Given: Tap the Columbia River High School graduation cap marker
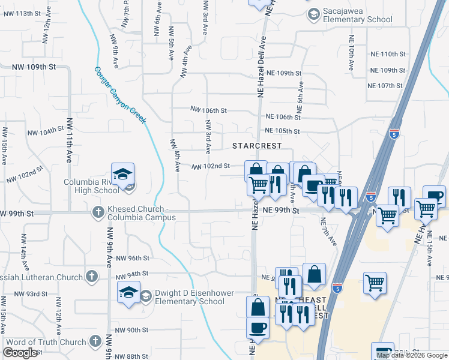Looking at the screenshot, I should pos(122,175).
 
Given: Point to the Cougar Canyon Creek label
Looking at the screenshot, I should pos(119,94).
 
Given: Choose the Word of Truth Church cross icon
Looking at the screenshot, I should pos(95,342).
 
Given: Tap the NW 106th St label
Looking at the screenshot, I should pos(208,110).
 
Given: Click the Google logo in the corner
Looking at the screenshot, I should pos(20,353).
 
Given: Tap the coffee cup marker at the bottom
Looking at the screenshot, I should pos(258,328).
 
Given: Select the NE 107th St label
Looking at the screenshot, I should pos(385,86).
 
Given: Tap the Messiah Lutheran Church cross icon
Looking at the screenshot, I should pos(91,277).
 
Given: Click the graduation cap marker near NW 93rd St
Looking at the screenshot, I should pos(128,292).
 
